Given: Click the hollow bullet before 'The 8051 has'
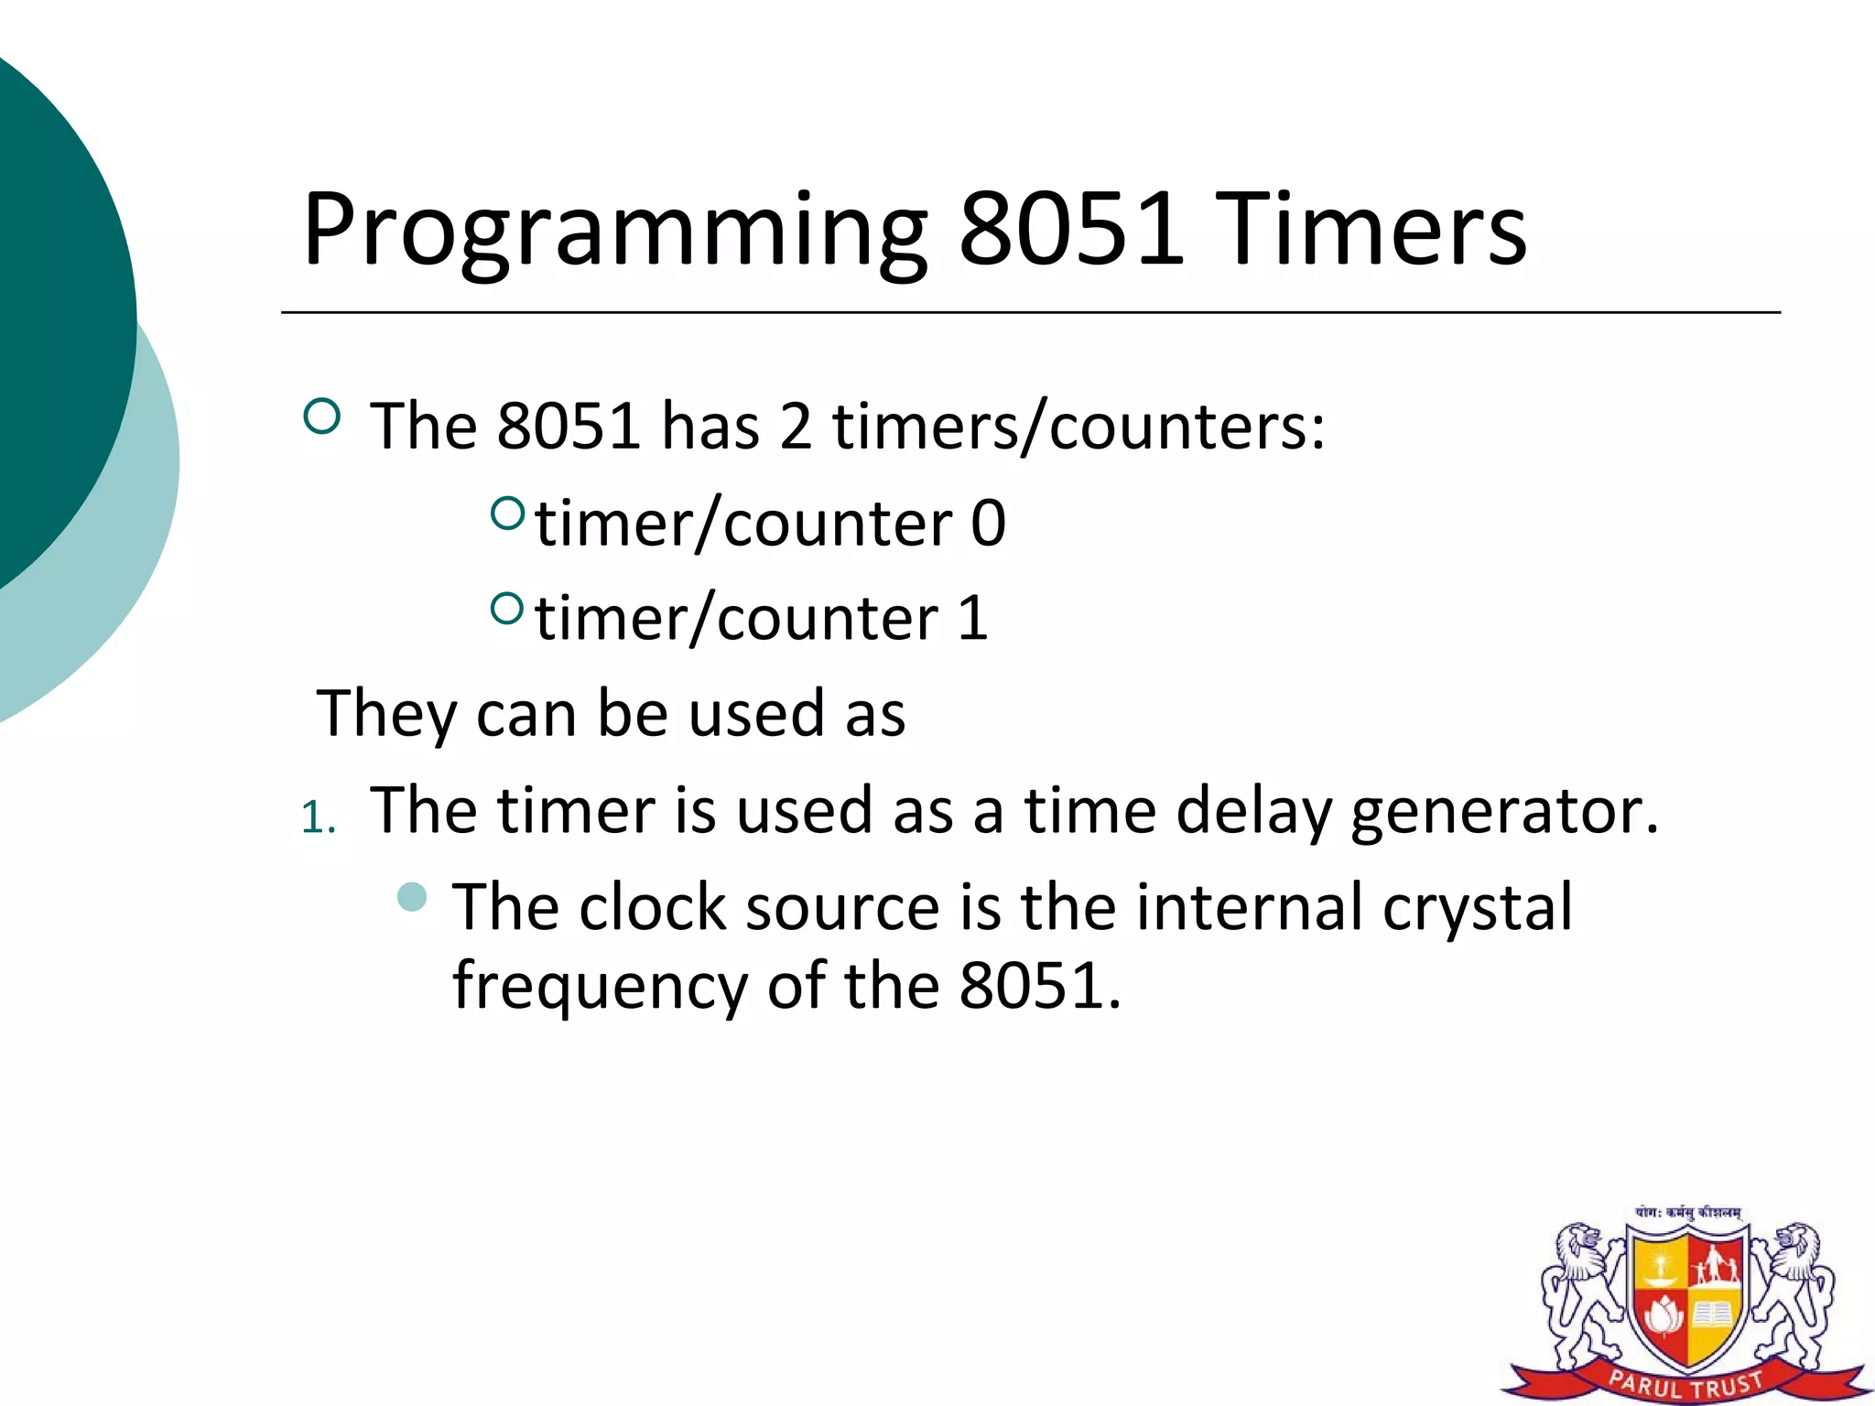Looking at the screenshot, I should pos(321,417).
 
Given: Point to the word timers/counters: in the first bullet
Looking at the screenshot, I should pos(1078,427).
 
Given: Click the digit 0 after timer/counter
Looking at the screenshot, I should pos(988,524).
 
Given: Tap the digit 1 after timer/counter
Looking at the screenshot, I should pos(973,619).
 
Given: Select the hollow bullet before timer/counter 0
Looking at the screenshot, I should pos(507,513).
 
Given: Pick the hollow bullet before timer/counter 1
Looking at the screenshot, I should pos(507,608).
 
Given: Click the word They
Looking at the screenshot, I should pos(385,714).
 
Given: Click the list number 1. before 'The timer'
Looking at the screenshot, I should pos(318,817).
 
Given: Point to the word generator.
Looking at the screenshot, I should pos(1504,812).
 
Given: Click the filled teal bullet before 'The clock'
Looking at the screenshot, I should pos(413,897).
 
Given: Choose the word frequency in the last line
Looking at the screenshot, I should pos(601,987).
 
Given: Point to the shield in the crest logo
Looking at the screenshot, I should pos(1687,1300).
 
